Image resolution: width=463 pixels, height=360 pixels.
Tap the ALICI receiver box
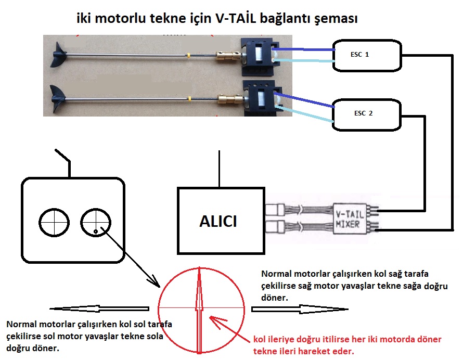218,221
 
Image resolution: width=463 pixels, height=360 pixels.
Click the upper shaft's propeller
59,55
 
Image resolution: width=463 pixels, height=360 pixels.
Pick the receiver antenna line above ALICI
219,169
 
